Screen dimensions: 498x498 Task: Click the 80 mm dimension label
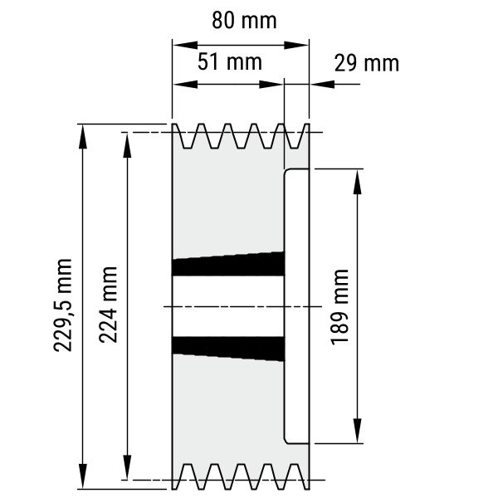[x=244, y=20]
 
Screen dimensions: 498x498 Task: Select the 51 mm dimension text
[x=230, y=62]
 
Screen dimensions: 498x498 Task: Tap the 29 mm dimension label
[x=367, y=64]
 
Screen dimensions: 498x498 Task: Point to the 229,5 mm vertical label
[x=63, y=305]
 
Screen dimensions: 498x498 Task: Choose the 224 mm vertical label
[x=108, y=305]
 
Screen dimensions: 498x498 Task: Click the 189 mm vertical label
[x=339, y=307]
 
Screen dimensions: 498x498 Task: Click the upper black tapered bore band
[x=228, y=264]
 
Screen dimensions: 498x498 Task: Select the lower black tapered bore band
[x=228, y=349]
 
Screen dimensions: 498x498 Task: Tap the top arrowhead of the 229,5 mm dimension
[x=82, y=137]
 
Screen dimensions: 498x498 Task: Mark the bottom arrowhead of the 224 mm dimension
[x=127, y=466]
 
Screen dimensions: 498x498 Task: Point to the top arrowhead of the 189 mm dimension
[x=357, y=182]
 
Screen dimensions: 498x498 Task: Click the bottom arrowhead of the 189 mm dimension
[x=357, y=431]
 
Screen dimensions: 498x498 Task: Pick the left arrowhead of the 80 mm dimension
[x=185, y=45]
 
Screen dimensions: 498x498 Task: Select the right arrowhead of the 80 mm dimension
[x=296, y=45]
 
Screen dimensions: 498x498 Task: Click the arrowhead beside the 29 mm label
[x=322, y=84]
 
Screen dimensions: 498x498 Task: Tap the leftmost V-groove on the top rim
[x=187, y=136]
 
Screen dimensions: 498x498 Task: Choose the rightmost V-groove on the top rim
[x=294, y=136]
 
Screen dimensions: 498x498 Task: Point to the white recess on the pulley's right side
[x=296, y=306]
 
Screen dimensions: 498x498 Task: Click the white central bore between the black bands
[x=228, y=306]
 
